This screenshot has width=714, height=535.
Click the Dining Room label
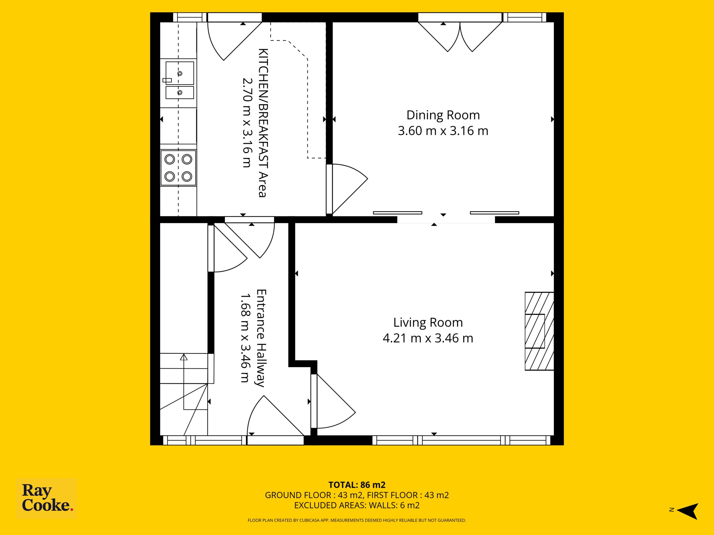tap(443, 115)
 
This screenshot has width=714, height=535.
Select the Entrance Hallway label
tap(261, 338)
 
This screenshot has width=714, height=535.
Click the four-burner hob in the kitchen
tap(178, 168)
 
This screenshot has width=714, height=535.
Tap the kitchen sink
tap(179, 80)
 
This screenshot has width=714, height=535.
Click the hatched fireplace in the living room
tap(539, 331)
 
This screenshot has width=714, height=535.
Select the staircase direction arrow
tap(184, 382)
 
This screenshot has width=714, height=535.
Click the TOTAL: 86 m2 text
tap(357, 485)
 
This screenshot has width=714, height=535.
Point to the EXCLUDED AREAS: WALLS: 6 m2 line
tap(357, 505)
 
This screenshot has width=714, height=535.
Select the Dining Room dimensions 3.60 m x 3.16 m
tap(443, 131)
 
